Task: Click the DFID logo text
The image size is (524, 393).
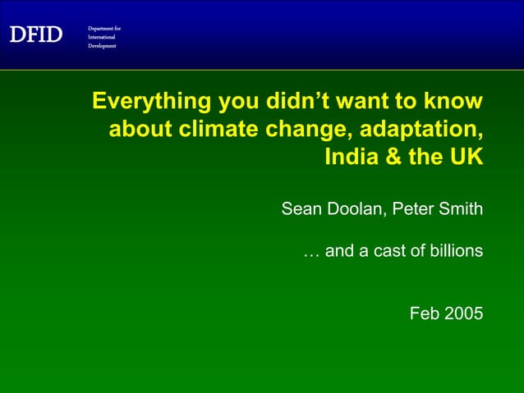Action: click(x=36, y=34)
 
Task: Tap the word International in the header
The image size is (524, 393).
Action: click(x=103, y=37)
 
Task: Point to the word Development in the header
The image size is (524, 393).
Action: click(x=103, y=46)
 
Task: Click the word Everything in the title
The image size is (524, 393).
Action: click(x=151, y=102)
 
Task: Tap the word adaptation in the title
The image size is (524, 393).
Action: click(x=427, y=129)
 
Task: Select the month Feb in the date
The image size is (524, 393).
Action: click(x=425, y=313)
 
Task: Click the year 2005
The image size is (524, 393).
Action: click(x=464, y=313)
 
